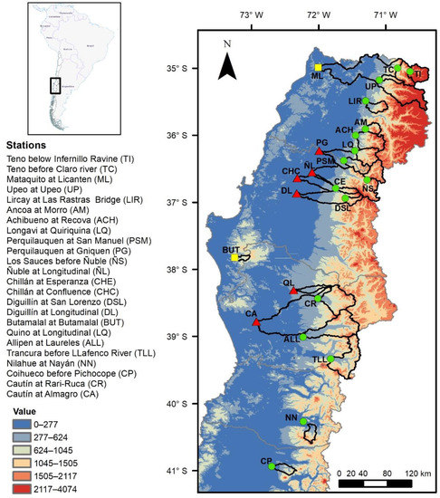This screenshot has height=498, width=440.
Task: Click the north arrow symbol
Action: (x=230, y=62)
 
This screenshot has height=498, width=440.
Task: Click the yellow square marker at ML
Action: (x=318, y=68)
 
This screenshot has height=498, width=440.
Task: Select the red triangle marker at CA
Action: (x=256, y=322)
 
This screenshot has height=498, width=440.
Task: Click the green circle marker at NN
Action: (x=303, y=421)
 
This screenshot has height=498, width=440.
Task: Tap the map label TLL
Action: (x=320, y=359)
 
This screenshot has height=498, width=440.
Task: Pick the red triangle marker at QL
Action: (x=292, y=291)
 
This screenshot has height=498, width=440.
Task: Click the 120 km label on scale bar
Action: (x=417, y=473)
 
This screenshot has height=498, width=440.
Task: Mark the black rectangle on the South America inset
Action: (x=55, y=86)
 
